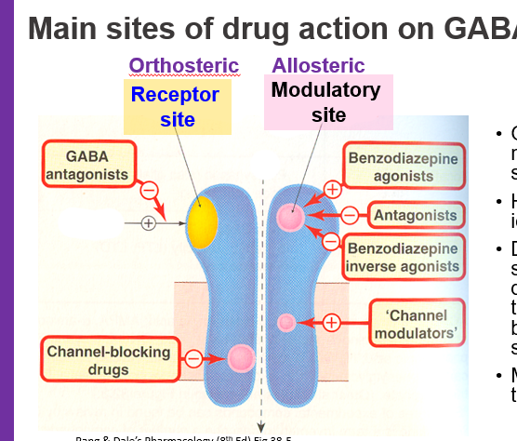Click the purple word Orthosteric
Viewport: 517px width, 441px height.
183,66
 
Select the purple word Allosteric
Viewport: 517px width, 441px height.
318,66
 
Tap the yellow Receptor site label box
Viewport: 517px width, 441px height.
175,106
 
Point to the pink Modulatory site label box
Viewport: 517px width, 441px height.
325,101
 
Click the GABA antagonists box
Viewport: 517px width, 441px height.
87,164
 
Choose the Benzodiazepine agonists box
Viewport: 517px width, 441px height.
403,167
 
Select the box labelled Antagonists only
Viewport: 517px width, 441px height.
416,215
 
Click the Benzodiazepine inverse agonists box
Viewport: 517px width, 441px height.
403,257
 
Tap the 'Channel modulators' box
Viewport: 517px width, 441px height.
418,323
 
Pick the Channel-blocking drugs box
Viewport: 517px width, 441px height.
109,361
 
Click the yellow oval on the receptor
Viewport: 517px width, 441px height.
202,220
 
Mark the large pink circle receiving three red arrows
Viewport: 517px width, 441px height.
289,218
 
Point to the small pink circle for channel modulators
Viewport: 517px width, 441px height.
287,323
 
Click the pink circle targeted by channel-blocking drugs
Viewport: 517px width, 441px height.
241,357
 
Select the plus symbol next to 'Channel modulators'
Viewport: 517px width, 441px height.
331,323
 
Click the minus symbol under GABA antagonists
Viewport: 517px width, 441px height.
149,191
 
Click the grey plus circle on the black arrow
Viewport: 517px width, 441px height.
147,222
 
